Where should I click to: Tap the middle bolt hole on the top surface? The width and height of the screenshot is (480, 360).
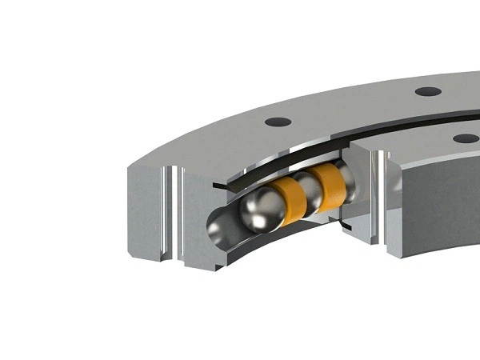(428, 91)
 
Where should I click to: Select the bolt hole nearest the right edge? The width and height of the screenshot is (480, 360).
(465, 138)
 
